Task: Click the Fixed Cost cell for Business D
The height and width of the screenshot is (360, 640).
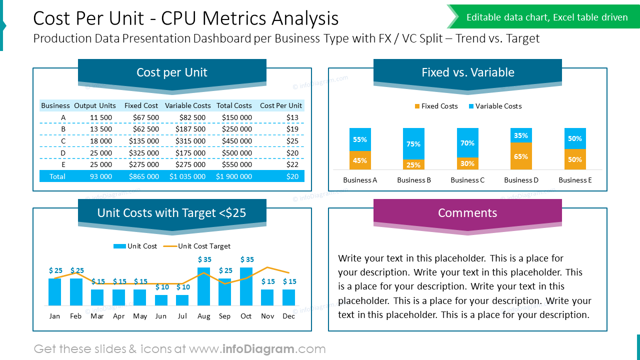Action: [144, 153]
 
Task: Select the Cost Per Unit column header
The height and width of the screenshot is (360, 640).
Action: [281, 105]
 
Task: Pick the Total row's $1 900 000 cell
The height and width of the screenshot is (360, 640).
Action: [234, 176]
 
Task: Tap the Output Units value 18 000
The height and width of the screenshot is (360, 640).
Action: [101, 141]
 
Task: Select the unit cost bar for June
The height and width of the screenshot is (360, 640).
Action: [161, 300]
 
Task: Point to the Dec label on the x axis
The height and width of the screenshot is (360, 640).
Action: [288, 316]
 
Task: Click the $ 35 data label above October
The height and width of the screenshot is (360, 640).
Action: [247, 259]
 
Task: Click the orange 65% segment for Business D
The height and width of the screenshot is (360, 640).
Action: [521, 156]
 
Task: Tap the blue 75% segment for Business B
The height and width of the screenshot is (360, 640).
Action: [413, 144]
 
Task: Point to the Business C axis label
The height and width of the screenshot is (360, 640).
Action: [467, 180]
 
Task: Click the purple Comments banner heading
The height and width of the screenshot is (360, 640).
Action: [467, 213]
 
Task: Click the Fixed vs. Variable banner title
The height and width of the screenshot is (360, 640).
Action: [467, 72]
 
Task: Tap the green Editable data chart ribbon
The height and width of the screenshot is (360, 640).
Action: [547, 17]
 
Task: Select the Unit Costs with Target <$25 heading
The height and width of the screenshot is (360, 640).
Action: [171, 213]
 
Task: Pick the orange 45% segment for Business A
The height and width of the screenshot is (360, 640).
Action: [360, 160]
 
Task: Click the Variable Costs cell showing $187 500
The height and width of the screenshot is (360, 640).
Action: [190, 129]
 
